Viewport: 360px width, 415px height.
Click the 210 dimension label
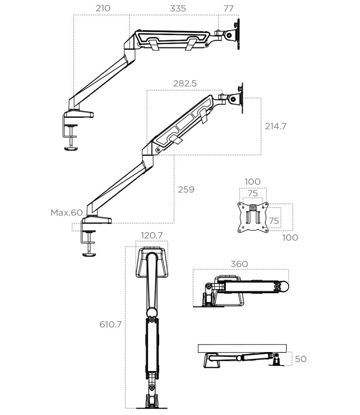[x=103, y=8]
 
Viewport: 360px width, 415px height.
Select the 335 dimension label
[x=178, y=8]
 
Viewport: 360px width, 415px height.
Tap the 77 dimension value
[x=228, y=8]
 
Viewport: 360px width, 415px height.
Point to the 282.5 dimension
[x=185, y=84]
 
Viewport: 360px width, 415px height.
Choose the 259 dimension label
[x=186, y=189]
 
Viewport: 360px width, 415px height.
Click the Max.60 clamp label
[x=66, y=213]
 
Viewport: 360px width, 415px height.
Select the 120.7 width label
[x=152, y=235]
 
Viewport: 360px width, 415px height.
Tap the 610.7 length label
[x=111, y=324]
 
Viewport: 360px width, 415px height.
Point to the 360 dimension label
[x=239, y=264]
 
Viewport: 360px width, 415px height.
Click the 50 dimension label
[x=300, y=359]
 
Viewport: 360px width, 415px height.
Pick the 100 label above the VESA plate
[x=252, y=181]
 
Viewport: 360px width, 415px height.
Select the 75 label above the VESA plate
[x=252, y=193]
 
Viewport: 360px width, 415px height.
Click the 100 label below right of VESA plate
[x=290, y=237]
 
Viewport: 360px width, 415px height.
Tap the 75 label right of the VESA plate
[x=274, y=220]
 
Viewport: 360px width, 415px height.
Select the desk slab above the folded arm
[x=242, y=348]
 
